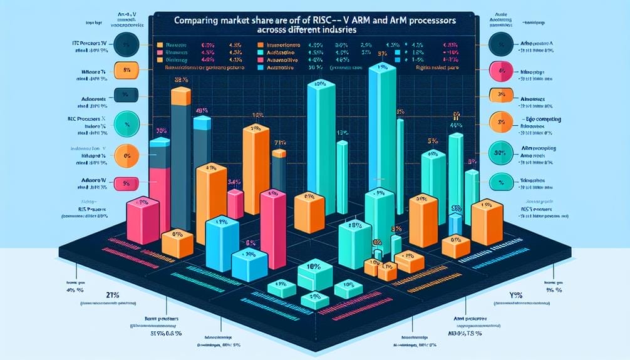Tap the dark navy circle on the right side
point(502,44)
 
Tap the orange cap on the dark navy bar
point(180,95)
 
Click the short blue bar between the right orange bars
point(455,219)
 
